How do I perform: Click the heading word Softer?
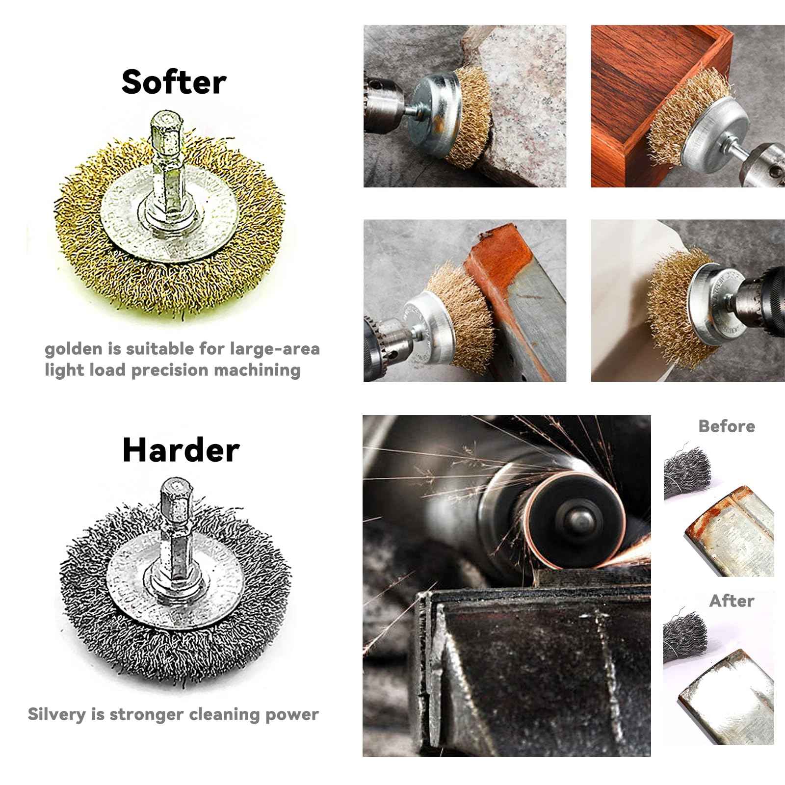pos(174,82)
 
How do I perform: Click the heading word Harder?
pos(181,449)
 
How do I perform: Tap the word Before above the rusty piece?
pos(726,426)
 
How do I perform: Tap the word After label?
pos(732,601)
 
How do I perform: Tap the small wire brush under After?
pos(684,635)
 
